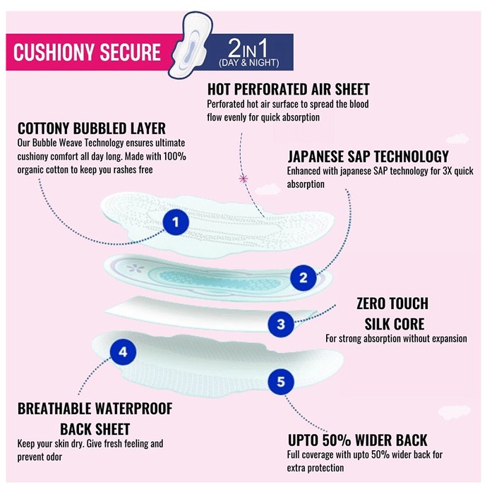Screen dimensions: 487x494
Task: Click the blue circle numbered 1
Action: [176, 222]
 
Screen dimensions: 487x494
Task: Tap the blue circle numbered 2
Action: [303, 277]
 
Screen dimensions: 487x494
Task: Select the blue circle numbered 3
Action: [281, 324]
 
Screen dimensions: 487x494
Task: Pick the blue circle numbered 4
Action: [123, 352]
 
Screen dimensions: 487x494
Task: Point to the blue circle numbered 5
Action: [281, 382]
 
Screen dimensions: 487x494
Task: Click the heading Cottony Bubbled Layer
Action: [92, 128]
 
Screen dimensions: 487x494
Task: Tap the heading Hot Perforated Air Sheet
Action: [288, 89]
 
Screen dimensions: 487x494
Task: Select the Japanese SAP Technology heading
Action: [368, 156]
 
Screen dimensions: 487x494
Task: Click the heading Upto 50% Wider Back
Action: [358, 440]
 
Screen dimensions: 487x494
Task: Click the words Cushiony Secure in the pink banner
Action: [87, 52]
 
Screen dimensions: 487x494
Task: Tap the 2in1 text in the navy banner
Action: [248, 48]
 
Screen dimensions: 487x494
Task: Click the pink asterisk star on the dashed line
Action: [243, 179]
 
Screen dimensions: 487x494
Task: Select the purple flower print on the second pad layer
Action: [135, 268]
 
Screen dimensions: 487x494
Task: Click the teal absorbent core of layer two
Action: [220, 279]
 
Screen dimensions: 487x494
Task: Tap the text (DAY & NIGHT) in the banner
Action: [249, 63]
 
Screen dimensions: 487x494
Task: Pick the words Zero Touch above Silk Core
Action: [392, 303]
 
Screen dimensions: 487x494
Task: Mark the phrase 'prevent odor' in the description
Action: [40, 457]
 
